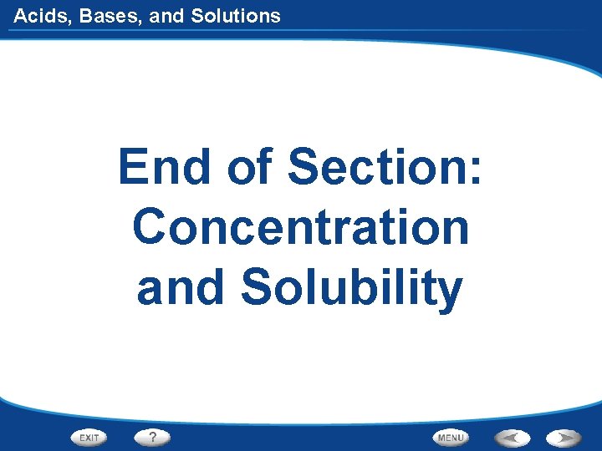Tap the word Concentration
[x=301, y=226]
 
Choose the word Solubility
[x=352, y=288]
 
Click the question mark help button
[x=152, y=437]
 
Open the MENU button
[x=451, y=437]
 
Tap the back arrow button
[x=510, y=437]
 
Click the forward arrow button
[x=564, y=437]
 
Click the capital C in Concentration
[x=151, y=226]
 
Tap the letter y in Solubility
[x=450, y=291]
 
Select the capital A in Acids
[x=20, y=15]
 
